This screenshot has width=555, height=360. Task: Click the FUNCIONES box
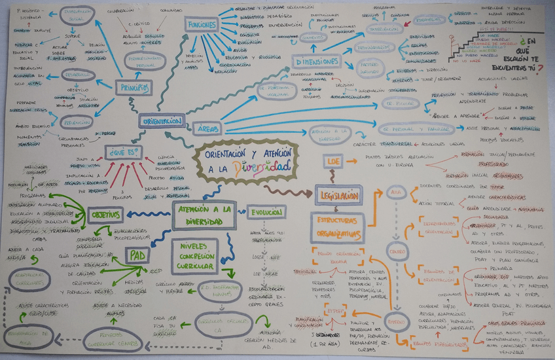pyautogui.click(x=201, y=24)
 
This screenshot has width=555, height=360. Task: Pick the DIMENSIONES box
pyautogui.click(x=317, y=61)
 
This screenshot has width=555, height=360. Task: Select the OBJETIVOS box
pyautogui.click(x=105, y=214)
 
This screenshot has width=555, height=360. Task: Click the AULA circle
pyautogui.click(x=395, y=192)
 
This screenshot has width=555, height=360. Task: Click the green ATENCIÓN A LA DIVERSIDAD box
pyautogui.click(x=204, y=215)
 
